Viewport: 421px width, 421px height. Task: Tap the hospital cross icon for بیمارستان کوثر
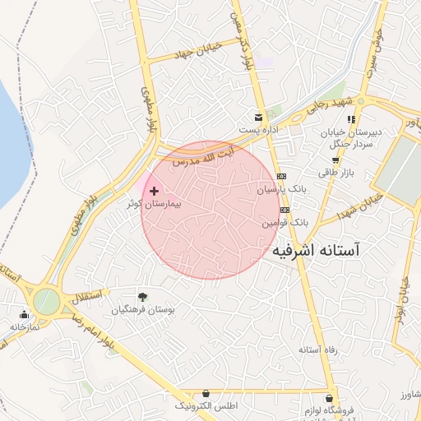154,191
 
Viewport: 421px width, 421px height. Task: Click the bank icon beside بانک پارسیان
282,177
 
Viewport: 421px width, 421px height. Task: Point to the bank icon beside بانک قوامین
285,210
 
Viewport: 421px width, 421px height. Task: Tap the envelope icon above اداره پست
259,117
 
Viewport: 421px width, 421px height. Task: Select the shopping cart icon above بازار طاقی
335,160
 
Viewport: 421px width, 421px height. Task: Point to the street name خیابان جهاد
196,53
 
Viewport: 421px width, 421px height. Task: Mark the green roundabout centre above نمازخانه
46,301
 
